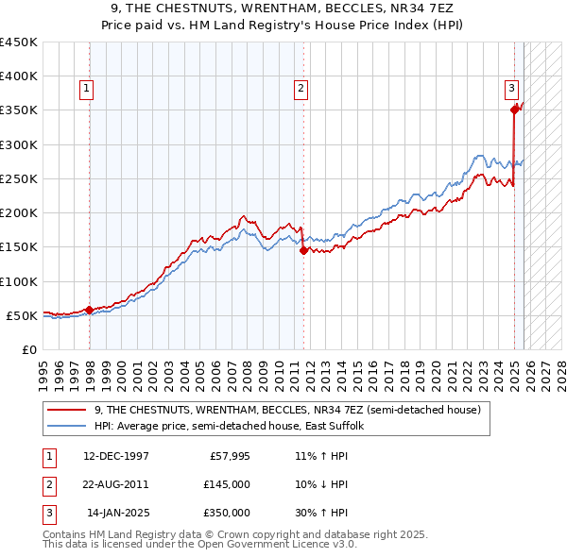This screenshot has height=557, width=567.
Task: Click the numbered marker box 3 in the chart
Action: coord(511,89)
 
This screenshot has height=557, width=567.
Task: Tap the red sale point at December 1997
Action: coord(89,310)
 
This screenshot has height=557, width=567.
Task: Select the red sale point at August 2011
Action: coord(303,250)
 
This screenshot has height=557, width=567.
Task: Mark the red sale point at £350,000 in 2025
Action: coord(515,110)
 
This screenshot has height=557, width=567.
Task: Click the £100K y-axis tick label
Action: coord(19,281)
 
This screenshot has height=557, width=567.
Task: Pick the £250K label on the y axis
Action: coord(19,178)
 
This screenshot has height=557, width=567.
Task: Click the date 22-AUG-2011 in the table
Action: coord(116,484)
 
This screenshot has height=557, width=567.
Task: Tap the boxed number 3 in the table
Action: coord(48,513)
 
